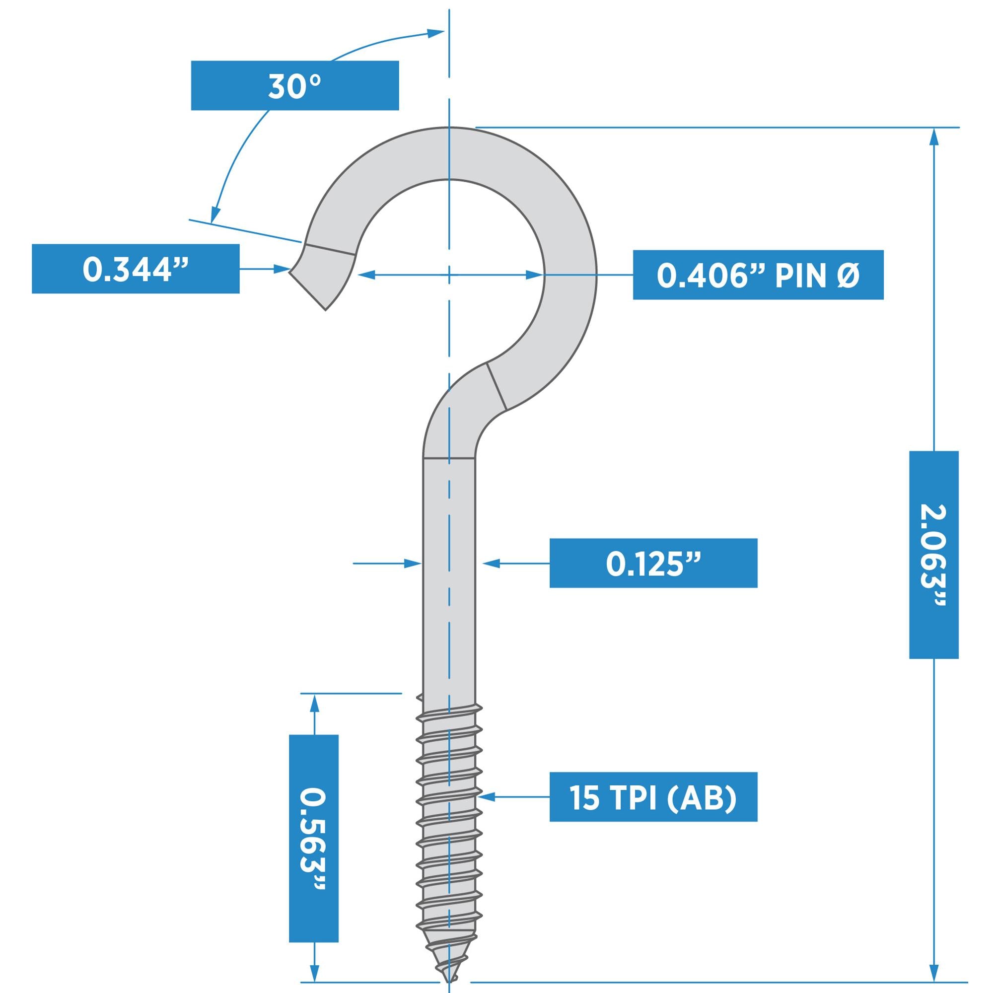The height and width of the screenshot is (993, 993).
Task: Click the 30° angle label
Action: coord(294,85)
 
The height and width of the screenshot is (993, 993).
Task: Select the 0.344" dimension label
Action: coord(135,269)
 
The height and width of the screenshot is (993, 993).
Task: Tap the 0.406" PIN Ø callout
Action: coord(758,275)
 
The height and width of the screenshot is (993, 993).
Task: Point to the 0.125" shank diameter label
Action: coord(653,564)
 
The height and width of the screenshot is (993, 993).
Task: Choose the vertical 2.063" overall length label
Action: coord(933,555)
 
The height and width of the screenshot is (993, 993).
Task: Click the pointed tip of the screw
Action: coord(448,983)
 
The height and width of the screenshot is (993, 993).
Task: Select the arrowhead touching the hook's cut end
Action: coord(282,269)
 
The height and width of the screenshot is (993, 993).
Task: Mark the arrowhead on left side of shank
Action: coord(413,564)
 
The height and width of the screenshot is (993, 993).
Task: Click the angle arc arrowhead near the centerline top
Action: coord(436,33)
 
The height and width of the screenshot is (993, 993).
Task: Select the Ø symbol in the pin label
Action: coord(851,276)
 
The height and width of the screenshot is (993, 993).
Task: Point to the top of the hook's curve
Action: coord(449,153)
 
